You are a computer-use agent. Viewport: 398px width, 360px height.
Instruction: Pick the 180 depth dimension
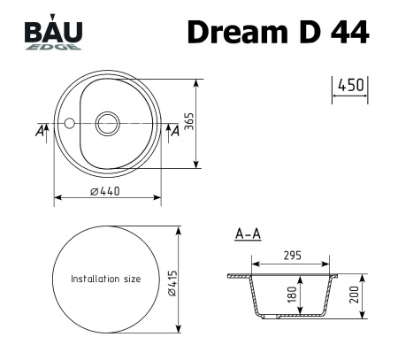click(292, 294)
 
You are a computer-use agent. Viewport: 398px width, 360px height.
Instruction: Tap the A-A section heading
click(247, 234)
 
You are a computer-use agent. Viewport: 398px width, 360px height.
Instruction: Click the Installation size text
click(106, 279)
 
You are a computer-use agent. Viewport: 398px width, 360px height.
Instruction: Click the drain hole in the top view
click(108, 122)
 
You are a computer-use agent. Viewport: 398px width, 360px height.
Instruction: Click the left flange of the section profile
click(237, 275)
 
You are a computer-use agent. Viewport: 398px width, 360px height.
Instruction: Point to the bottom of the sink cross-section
click(293, 315)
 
